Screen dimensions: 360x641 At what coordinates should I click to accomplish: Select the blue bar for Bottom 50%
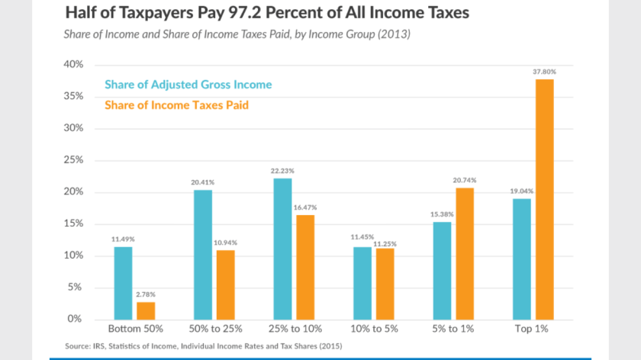pos(123,283)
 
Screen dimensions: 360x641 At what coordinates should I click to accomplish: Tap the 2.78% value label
pos(146,294)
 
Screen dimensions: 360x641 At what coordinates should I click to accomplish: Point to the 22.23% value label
pos(282,170)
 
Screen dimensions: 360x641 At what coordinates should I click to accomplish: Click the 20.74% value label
pos(463,180)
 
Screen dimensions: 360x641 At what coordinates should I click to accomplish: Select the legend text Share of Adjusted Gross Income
pos(187,85)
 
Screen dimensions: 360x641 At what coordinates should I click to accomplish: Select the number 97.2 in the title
pos(265,13)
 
